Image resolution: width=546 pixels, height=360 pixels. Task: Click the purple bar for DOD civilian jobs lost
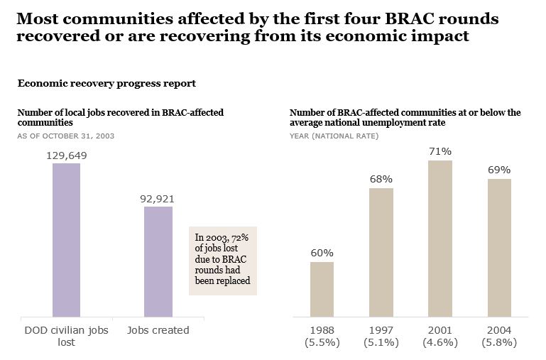[x=66, y=240]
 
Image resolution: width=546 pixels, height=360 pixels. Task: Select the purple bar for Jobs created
[x=158, y=261]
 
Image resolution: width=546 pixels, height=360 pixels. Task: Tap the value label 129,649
[x=66, y=156]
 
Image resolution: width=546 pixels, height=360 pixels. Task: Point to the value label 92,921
[x=158, y=199]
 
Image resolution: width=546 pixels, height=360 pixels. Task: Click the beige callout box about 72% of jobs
[x=222, y=261]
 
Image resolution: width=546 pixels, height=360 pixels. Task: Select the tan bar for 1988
[x=322, y=289]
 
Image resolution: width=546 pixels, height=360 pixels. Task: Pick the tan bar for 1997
[x=381, y=252]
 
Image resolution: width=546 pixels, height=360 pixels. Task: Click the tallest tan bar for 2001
[x=440, y=238]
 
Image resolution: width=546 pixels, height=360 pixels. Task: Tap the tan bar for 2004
[x=499, y=247]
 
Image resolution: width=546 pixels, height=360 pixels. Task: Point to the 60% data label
[x=322, y=253]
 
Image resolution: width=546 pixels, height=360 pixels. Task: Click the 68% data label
[x=381, y=179]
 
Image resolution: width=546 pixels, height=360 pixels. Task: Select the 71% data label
[x=440, y=151]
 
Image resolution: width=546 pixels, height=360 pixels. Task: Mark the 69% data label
[x=499, y=170]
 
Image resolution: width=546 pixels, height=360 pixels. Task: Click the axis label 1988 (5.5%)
[x=322, y=336]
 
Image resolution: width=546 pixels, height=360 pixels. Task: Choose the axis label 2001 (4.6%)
[x=440, y=336]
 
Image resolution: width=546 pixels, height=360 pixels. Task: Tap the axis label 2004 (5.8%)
[x=499, y=336]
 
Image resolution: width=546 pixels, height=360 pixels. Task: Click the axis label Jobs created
[x=158, y=329]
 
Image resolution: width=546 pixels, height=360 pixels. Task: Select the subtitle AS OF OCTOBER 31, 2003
[x=65, y=135]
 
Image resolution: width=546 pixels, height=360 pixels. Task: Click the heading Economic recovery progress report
[x=107, y=84]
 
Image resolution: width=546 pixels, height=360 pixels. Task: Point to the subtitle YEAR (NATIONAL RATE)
[x=334, y=135]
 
